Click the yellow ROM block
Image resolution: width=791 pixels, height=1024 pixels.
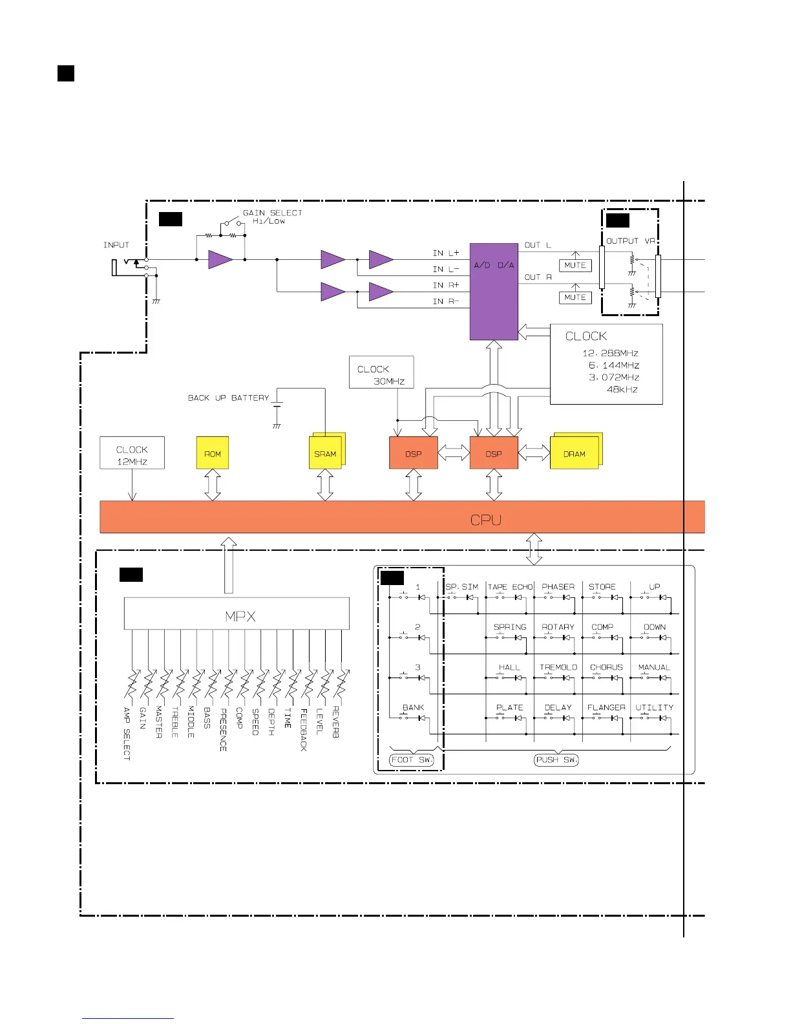213,453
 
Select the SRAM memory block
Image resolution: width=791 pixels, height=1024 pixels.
326,453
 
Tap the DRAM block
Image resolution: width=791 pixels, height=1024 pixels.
575,453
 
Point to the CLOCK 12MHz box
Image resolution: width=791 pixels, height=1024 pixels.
132,454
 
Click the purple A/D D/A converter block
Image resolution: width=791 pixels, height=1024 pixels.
494,292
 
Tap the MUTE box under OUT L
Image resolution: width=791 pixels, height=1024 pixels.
575,265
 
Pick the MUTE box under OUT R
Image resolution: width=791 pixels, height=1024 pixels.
575,297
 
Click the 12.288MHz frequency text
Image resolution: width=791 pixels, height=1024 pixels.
610,353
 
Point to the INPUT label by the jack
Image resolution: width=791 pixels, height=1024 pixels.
116,245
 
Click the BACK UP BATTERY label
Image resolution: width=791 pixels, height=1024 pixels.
228,398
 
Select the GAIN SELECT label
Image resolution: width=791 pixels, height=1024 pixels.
272,213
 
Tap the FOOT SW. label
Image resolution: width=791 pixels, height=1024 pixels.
412,760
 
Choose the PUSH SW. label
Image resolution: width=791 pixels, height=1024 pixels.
556,760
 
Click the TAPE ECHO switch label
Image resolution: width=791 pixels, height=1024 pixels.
510,587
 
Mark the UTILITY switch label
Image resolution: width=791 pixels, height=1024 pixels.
654,708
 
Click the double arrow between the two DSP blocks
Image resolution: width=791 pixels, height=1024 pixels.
454,453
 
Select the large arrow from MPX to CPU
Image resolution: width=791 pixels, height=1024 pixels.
228,565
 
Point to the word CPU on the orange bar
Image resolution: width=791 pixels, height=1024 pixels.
485,520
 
